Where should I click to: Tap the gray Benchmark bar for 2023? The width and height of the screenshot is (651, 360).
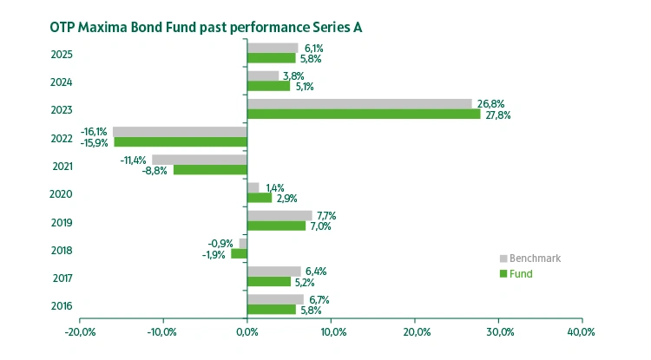pos(359,103)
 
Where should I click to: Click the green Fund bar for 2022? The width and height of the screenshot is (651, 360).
pos(181,141)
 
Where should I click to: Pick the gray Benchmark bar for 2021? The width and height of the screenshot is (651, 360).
pos(200,160)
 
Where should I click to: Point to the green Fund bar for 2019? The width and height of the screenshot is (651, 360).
pos(276,226)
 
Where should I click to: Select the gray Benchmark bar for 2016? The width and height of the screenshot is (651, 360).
pos(275,299)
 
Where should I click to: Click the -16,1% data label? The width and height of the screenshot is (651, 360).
pos(94,131)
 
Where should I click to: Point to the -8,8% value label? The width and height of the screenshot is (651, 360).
pos(155,170)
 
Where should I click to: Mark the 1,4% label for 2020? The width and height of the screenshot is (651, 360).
pos(276,187)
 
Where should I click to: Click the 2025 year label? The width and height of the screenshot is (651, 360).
pos(62,55)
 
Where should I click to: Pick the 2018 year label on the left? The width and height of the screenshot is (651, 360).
pos(62,250)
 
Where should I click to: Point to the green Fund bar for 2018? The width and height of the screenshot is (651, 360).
pos(239,253)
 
